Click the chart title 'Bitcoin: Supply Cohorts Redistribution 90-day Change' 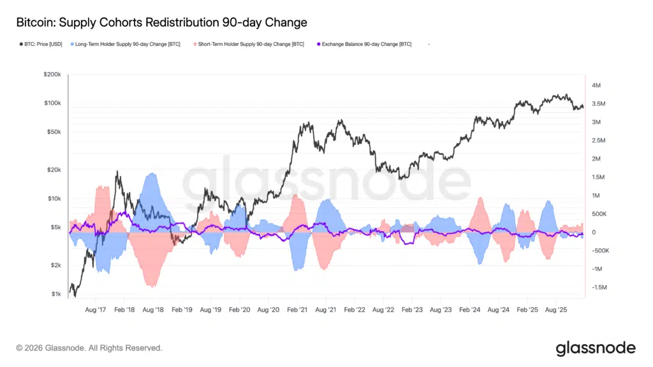click(161, 22)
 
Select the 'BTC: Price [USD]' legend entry click(40, 45)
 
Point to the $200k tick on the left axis click(52, 75)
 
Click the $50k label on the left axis click(53, 132)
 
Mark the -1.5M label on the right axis click(599, 287)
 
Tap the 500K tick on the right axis click(599, 214)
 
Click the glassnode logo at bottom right click(596, 348)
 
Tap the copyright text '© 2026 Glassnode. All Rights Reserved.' click(89, 348)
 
